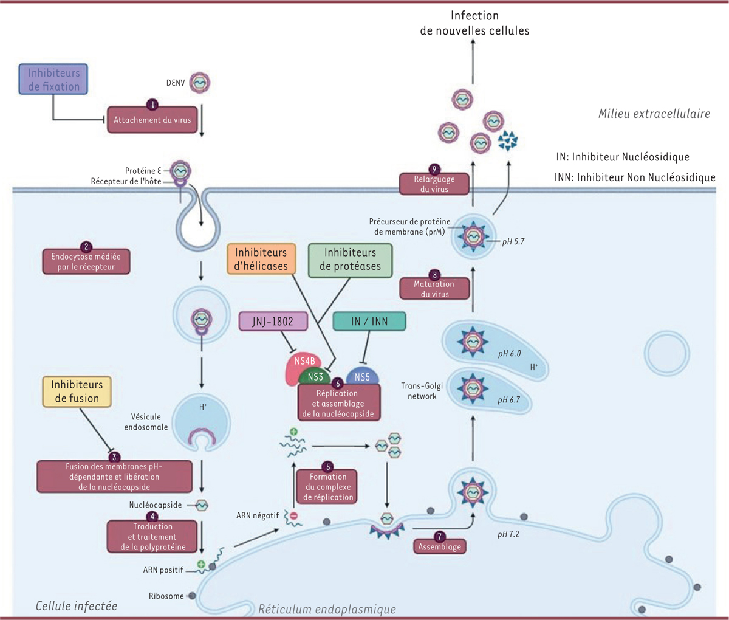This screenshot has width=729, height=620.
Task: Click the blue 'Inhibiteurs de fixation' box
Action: pos(53,80)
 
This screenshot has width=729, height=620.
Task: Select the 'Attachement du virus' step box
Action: pos(152,120)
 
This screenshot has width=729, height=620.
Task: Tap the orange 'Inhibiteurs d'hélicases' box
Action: pos(261,259)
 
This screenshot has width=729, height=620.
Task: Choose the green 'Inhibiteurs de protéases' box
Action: pos(350,260)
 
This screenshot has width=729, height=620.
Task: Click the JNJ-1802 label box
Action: pos(273,322)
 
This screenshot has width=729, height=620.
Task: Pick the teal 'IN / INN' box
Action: pos(369,322)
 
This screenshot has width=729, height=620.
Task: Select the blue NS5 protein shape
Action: pos(362,376)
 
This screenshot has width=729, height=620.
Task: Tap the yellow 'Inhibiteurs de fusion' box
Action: pos(77,391)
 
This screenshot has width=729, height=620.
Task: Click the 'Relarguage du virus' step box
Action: pos(434,184)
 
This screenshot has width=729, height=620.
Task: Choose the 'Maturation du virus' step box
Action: pos(434,289)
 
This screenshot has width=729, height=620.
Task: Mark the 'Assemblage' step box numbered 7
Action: pos(440,546)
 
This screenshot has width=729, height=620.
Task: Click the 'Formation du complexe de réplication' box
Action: pos(328,487)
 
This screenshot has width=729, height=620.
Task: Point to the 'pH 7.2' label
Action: pos(508,534)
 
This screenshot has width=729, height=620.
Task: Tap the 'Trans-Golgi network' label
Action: pos(422,391)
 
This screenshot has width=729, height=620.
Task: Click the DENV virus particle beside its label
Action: pos(200,82)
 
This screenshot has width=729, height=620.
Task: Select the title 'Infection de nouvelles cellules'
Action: pos(474,23)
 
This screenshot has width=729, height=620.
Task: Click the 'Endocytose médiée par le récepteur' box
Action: pos(86,261)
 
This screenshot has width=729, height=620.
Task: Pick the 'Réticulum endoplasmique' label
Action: pos(327,609)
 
